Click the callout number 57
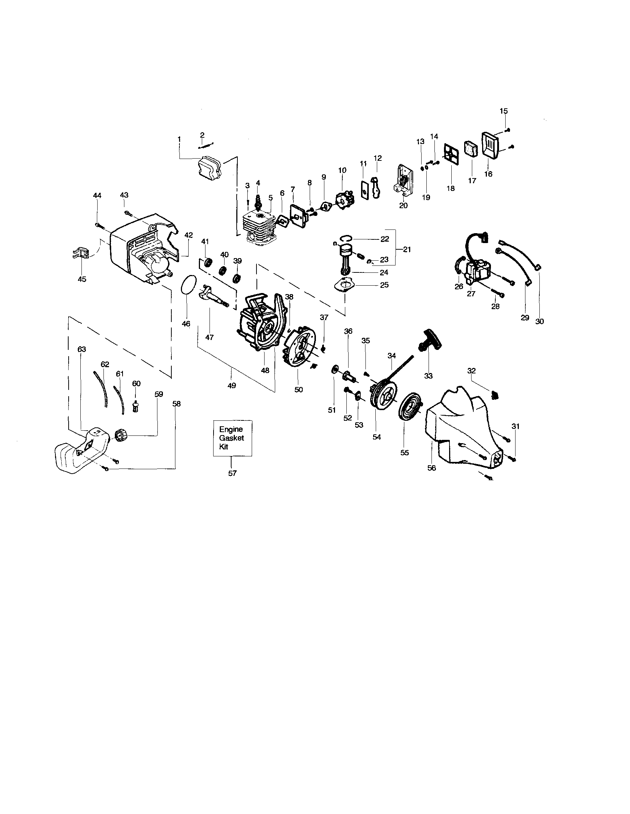pyautogui.click(x=232, y=473)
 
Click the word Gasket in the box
pyautogui.click(x=232, y=438)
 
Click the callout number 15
pyautogui.click(x=503, y=111)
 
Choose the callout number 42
pyautogui.click(x=189, y=235)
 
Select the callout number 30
pyautogui.click(x=539, y=321)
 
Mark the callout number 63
pyautogui.click(x=81, y=349)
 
